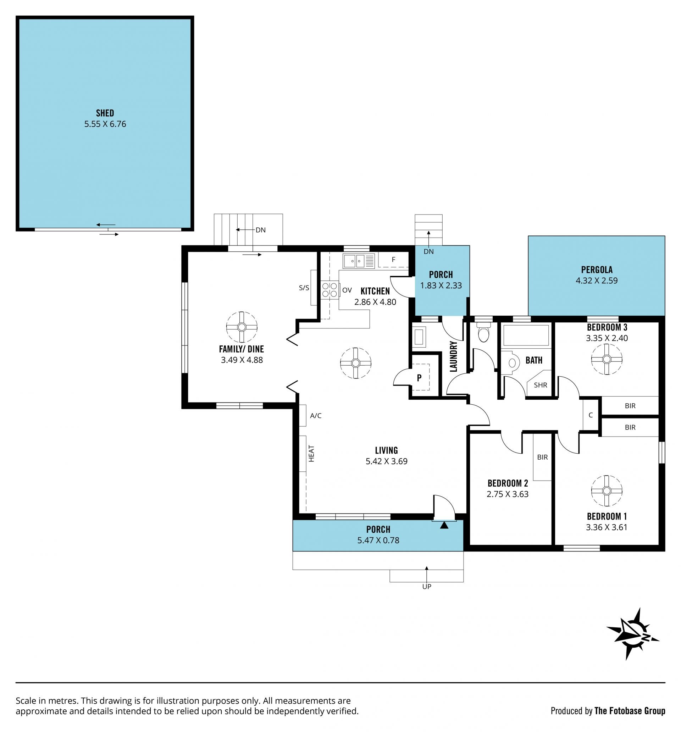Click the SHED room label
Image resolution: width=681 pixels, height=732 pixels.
(x=105, y=113)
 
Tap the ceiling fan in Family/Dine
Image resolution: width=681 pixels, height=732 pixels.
(x=242, y=327)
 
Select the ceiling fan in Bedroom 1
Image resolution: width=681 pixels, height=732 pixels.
(x=606, y=490)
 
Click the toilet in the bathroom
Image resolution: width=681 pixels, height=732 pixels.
(x=512, y=363)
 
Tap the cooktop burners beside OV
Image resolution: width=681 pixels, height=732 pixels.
(x=330, y=289)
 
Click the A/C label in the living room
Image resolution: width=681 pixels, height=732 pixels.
(x=316, y=416)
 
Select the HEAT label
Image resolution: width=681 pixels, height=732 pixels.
(x=311, y=454)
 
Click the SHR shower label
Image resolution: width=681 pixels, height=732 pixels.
(x=540, y=385)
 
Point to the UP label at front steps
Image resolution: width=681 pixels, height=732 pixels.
(x=426, y=587)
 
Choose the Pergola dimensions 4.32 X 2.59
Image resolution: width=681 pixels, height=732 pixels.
(x=596, y=281)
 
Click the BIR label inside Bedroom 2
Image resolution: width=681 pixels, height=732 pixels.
(x=542, y=457)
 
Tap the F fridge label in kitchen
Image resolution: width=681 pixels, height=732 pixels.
(x=393, y=260)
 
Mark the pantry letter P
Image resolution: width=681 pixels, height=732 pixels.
(x=419, y=377)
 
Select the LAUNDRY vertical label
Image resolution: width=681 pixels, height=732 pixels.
(x=453, y=356)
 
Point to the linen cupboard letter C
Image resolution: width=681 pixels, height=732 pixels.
(x=591, y=415)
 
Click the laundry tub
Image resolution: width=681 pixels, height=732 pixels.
(x=419, y=337)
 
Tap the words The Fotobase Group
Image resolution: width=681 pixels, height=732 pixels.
(x=630, y=711)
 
